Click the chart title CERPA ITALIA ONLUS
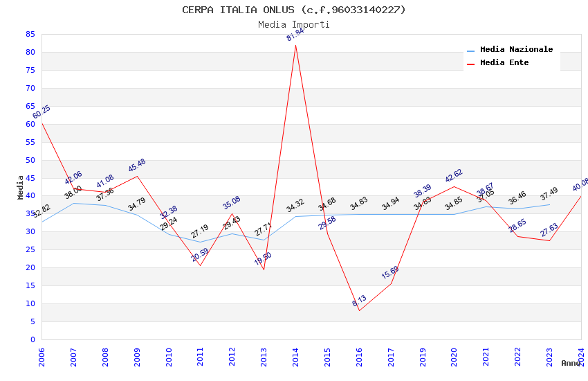tap(293, 10)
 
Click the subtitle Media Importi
tap(293, 24)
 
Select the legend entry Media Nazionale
tap(516, 49)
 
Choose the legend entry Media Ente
tap(504, 62)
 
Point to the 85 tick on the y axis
tap(30, 34)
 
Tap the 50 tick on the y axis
tap(30, 160)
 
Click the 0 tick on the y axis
tap(33, 339)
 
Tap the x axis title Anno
tap(571, 363)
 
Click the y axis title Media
tap(21, 187)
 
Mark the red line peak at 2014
tap(296, 45)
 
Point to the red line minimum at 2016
tap(360, 310)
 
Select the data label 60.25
tap(42, 112)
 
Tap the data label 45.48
tap(137, 166)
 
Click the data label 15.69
tap(390, 272)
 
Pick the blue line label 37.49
tap(549, 195)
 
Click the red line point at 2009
tap(137, 176)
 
